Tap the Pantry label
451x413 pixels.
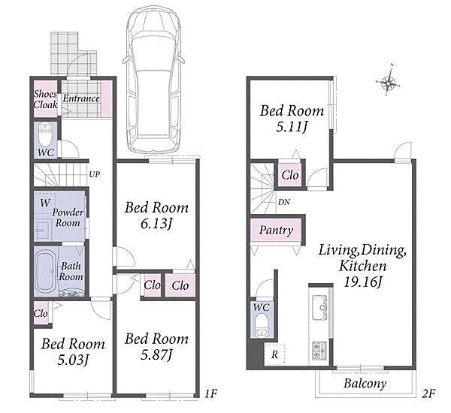(276, 230)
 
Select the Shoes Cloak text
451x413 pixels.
(45, 99)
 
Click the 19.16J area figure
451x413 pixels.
(362, 282)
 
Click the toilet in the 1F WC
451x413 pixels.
(45, 135)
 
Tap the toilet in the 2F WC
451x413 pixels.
(261, 326)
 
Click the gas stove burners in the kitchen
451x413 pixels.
(319, 350)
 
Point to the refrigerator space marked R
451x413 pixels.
(274, 354)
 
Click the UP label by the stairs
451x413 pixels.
(95, 174)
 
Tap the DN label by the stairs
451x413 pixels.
(284, 202)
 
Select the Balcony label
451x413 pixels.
(365, 384)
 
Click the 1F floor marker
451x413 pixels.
(210, 393)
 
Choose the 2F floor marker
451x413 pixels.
(428, 393)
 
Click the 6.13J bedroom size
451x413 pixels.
(156, 224)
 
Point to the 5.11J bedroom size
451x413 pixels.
(291, 127)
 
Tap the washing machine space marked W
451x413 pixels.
(45, 203)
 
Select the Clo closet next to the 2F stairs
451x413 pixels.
(290, 175)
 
